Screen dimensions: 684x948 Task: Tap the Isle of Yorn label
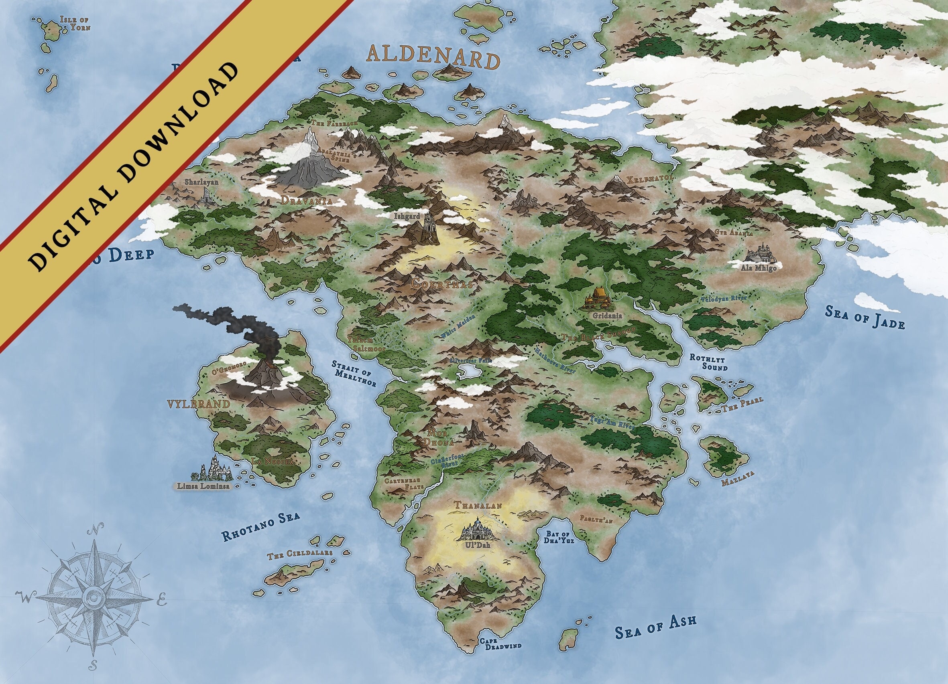tap(75, 24)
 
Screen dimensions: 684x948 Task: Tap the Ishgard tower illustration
tap(427, 228)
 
